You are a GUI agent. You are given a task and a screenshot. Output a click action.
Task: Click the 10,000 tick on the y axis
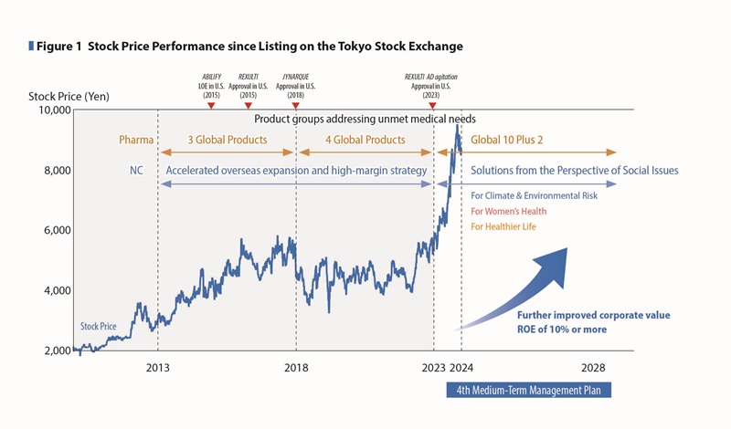[x=51, y=110]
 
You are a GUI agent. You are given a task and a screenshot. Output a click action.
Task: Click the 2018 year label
[x=296, y=369]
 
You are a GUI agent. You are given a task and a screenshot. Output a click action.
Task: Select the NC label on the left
[x=135, y=171]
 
